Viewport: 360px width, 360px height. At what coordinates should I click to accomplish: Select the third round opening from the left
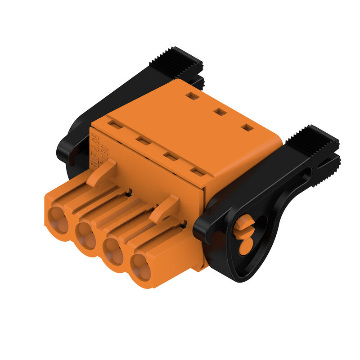(x=114, y=252)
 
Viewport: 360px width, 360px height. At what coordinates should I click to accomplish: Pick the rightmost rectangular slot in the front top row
(x=197, y=171)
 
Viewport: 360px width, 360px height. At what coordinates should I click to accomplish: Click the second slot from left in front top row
(x=143, y=141)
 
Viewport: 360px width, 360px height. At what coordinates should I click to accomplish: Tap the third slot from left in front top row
(x=170, y=156)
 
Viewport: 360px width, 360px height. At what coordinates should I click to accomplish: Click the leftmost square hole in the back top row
(x=192, y=96)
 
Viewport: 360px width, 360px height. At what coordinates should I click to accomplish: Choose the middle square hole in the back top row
(x=219, y=111)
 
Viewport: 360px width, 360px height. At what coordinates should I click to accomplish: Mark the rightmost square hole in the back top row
(x=247, y=127)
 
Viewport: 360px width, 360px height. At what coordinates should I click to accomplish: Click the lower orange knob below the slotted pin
(x=246, y=247)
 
